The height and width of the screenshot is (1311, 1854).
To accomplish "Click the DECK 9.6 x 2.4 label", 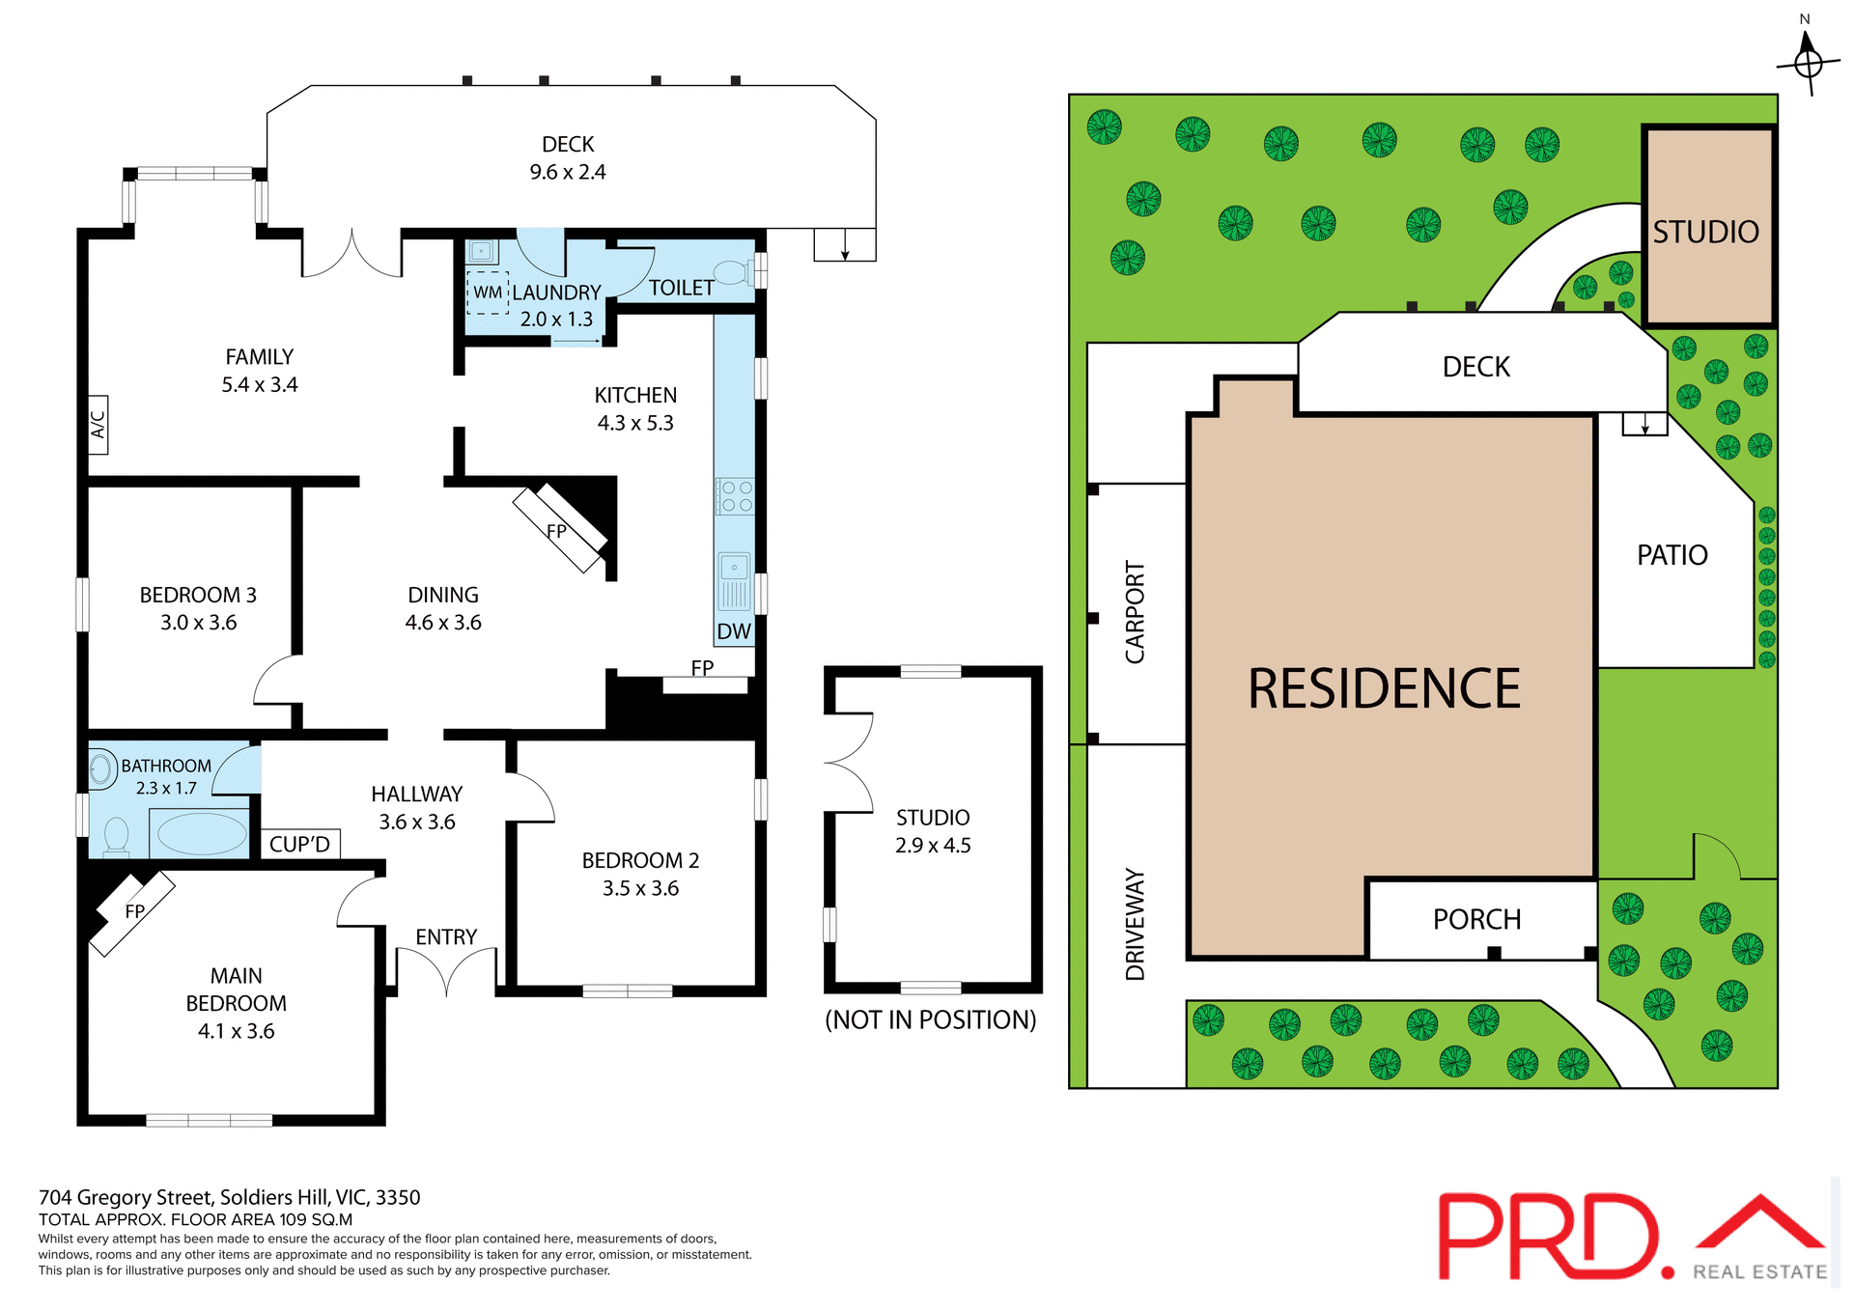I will (568, 158).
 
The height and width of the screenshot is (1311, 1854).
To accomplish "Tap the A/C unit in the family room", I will (98, 425).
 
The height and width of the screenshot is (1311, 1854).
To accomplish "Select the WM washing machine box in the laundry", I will (488, 293).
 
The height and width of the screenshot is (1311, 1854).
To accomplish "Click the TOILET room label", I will (681, 288).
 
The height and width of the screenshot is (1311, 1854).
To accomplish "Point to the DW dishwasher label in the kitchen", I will (734, 631).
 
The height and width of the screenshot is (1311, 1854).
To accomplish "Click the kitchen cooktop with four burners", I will (736, 496).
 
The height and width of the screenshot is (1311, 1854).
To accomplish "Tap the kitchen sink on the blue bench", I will (734, 580).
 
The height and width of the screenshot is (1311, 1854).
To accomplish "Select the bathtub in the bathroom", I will (201, 834).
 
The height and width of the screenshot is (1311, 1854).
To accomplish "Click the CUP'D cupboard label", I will (299, 845).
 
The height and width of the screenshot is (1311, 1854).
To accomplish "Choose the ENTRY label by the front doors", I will (446, 937).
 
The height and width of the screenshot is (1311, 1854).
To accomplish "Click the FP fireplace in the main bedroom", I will (134, 912).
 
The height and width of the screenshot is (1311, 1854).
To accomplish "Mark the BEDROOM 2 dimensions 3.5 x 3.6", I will (640, 888).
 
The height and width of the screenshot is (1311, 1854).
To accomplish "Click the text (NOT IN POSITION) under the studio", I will (930, 1020).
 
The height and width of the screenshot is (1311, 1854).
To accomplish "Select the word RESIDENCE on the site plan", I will (1383, 689).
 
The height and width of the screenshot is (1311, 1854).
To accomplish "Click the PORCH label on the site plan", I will (1476, 920).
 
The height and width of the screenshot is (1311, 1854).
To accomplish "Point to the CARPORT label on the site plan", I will (1136, 612).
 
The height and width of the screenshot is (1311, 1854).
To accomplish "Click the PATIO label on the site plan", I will (1671, 556).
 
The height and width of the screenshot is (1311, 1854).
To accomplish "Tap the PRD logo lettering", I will (1548, 1238).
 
